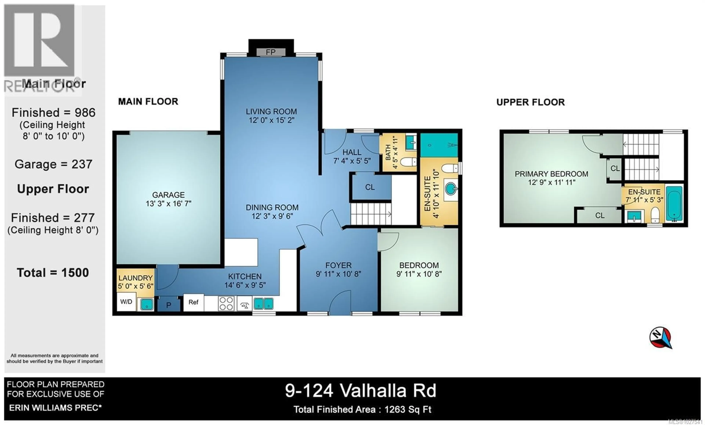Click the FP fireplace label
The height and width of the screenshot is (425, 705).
click(271, 52)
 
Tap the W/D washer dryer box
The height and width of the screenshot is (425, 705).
click(126, 302)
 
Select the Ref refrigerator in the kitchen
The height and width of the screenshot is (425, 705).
click(194, 302)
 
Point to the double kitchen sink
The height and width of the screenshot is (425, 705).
click(263, 304)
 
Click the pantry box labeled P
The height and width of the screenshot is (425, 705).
click(169, 305)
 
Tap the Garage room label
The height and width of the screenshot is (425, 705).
click(168, 195)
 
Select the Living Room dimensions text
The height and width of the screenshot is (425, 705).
click(271, 120)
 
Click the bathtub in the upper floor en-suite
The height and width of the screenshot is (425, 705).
click(674, 204)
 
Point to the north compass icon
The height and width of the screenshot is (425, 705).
click(660, 337)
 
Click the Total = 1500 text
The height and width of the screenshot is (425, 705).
click(53, 273)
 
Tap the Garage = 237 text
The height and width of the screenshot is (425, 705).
click(53, 164)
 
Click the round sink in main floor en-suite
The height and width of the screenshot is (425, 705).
click(450, 189)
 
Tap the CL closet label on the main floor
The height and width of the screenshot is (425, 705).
click(370, 187)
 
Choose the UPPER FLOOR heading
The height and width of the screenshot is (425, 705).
click(530, 102)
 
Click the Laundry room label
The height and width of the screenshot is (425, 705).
click(135, 278)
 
